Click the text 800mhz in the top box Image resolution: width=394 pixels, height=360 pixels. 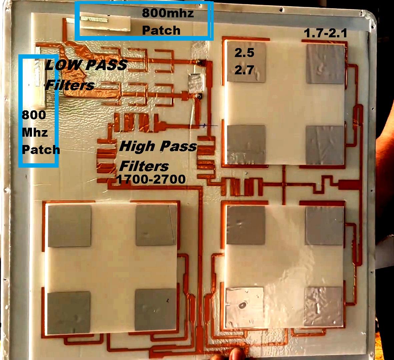pyautogui.click(x=168, y=13)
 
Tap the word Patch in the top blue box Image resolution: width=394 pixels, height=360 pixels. pyautogui.click(x=161, y=31)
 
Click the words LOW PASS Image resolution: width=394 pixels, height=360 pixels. pyautogui.click(x=86, y=65)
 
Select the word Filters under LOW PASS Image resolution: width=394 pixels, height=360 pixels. pyautogui.click(x=70, y=85)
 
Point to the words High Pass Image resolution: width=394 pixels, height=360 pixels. pyautogui.click(x=158, y=146)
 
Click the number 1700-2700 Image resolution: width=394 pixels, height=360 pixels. pyautogui.click(x=151, y=179)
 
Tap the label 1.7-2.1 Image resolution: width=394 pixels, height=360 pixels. pyautogui.click(x=325, y=33)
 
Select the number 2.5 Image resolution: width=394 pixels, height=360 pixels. pyautogui.click(x=244, y=53)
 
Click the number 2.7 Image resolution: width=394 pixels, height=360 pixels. pyautogui.click(x=244, y=70)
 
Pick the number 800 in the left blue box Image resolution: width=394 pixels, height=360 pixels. pyautogui.click(x=34, y=115)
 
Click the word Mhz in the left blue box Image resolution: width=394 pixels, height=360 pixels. pyautogui.click(x=35, y=132)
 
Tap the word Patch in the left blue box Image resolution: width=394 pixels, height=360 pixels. pyautogui.click(x=41, y=150)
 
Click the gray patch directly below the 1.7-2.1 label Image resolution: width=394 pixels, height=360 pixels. pyautogui.click(x=325, y=64)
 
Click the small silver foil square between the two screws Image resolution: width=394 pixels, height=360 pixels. pyautogui.click(x=195, y=82)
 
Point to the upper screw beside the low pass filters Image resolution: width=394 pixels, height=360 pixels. pyautogui.click(x=200, y=62)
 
